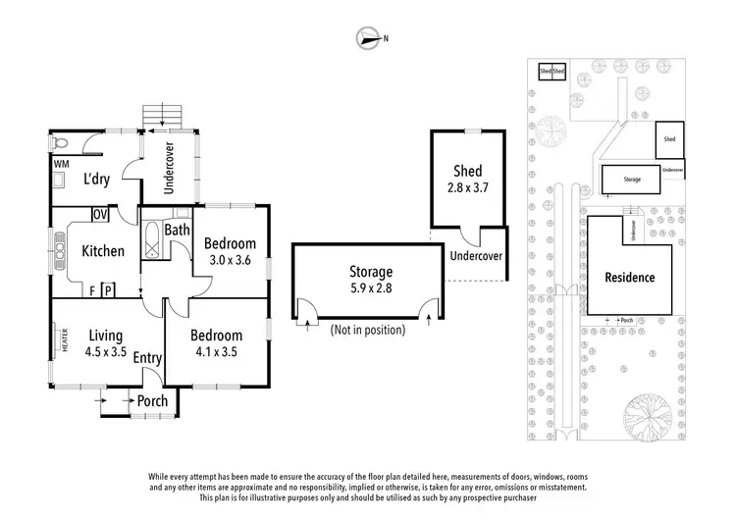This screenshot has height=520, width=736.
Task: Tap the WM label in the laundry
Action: (x=60, y=163)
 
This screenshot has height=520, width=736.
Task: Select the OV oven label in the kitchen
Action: (x=99, y=215)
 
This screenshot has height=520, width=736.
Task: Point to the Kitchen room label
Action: (x=103, y=251)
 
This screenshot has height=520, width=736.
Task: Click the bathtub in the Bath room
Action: (x=152, y=241)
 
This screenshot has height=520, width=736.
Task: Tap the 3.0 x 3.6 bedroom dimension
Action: (x=231, y=260)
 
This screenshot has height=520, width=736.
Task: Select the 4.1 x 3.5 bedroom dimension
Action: (x=216, y=351)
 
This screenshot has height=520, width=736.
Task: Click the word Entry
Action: (x=148, y=359)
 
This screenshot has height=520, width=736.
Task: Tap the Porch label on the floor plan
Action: (x=152, y=400)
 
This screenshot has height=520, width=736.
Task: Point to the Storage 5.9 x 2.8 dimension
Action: (x=371, y=289)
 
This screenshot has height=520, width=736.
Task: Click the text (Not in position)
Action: (x=368, y=330)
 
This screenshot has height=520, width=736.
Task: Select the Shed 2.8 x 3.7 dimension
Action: (x=467, y=188)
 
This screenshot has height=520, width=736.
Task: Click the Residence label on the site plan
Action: (x=629, y=278)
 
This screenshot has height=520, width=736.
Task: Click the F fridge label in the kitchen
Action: (x=91, y=290)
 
